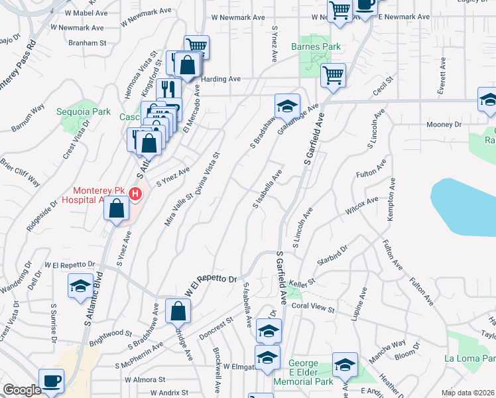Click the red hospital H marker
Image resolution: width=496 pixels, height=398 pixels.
(135, 194)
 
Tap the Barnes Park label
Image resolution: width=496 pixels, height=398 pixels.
(316, 47)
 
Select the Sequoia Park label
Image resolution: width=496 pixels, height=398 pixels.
(84, 112)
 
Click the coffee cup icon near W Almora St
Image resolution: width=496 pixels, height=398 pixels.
(50, 381)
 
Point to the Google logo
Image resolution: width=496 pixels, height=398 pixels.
(22, 390)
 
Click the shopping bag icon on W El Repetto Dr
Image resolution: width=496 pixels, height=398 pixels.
(178, 310)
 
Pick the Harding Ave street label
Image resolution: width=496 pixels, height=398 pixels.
(221, 79)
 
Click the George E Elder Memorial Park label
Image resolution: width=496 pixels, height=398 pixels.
(312, 372)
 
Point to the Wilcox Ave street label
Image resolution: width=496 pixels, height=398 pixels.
(361, 205)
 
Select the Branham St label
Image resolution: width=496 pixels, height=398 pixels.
(87, 43)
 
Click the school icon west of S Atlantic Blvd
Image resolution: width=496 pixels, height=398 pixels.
(80, 286)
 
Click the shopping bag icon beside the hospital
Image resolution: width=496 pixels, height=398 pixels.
(117, 208)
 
